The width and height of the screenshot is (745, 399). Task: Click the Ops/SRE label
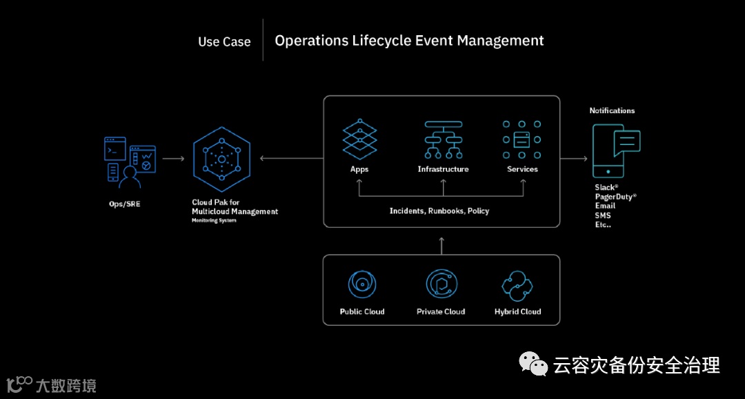[x=124, y=204]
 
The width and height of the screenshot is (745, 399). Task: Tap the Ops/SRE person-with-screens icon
[x=129, y=162]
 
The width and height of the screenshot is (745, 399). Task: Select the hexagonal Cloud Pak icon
[x=221, y=159]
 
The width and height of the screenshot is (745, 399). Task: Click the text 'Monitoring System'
[x=214, y=221]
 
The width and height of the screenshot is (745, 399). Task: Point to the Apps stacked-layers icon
[x=359, y=139]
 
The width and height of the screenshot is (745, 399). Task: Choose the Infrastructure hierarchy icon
[x=443, y=140]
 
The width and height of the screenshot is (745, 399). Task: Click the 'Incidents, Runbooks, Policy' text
[x=439, y=211]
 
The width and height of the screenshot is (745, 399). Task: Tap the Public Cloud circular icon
[x=362, y=284]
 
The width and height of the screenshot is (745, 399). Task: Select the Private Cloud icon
[x=441, y=284]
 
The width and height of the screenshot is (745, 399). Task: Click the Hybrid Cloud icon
[x=518, y=284]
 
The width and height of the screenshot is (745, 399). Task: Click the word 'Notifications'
[x=612, y=110]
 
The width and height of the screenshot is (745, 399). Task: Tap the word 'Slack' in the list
[x=606, y=187]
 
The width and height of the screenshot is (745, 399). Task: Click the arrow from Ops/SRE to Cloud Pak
[x=173, y=159]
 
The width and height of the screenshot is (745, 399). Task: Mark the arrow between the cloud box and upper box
[x=441, y=245]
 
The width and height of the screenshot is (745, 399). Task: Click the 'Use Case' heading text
[x=224, y=42]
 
